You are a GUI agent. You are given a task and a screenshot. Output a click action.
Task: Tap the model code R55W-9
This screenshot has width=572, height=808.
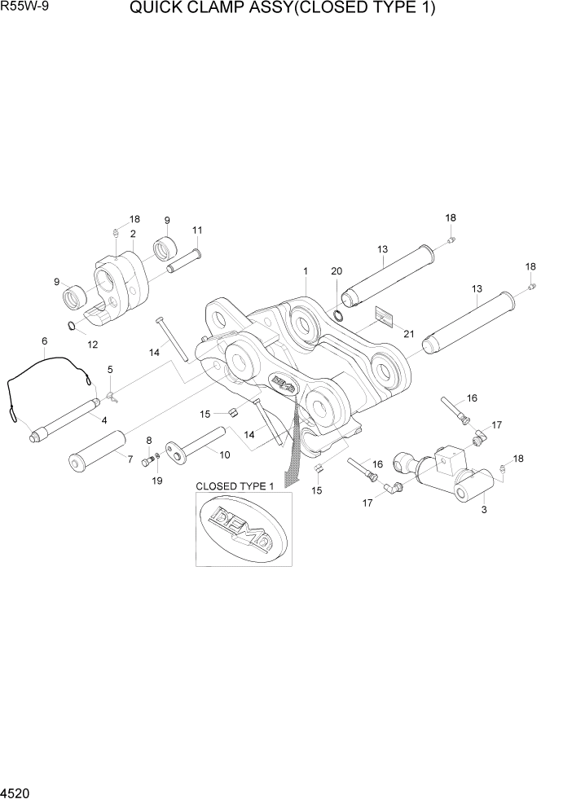[x=25, y=9]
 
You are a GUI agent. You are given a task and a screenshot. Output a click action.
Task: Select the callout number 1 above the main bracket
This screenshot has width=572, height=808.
[x=304, y=271]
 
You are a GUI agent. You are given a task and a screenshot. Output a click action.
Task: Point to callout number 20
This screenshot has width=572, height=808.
[x=337, y=271]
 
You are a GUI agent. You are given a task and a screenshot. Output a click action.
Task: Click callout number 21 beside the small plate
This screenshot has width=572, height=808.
[x=408, y=334]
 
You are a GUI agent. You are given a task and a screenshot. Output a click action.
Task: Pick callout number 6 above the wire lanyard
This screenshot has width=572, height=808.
[x=44, y=340]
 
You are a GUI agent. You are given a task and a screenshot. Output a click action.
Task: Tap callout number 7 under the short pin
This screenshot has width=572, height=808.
[x=129, y=459]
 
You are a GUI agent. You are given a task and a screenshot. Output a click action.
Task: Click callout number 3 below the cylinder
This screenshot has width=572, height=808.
[x=484, y=511]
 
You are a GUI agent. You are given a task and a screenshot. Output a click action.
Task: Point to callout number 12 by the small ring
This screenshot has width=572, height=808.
[x=92, y=344]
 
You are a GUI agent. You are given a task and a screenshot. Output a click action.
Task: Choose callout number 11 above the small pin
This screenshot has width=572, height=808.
[x=196, y=231]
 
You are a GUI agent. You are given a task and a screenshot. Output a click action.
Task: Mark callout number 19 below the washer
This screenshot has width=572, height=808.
[x=157, y=481]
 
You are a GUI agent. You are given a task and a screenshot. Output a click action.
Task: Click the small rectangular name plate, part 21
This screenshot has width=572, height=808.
[x=385, y=315]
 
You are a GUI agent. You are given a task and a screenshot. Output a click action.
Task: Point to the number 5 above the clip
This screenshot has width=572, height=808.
[x=110, y=370]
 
